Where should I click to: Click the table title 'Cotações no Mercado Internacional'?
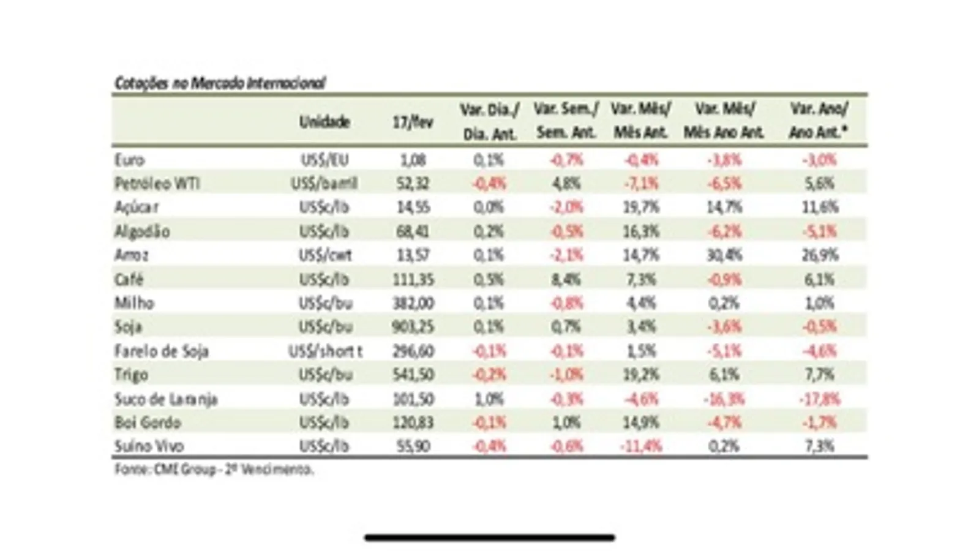[220, 83]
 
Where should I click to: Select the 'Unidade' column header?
[324, 122]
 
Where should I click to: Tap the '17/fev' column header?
[413, 122]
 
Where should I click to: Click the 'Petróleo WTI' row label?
[157, 184]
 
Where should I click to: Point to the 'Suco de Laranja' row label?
[166, 399]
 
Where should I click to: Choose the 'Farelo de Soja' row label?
[162, 351]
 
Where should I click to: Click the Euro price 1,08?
[413, 160]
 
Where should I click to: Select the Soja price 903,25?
[413, 327]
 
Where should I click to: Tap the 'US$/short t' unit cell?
[325, 351]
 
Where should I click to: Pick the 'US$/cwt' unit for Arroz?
[325, 255]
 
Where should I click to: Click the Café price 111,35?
[413, 280]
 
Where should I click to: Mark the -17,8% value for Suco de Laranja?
[819, 399]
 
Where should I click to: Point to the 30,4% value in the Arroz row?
[724, 255]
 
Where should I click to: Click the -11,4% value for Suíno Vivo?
[641, 446]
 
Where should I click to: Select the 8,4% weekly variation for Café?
[566, 280]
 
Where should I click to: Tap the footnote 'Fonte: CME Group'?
[214, 470]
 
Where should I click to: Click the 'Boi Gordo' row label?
[148, 423]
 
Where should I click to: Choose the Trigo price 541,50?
[413, 375]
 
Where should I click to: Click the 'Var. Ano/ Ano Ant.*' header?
[819, 121]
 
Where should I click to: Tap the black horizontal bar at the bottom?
[490, 538]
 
